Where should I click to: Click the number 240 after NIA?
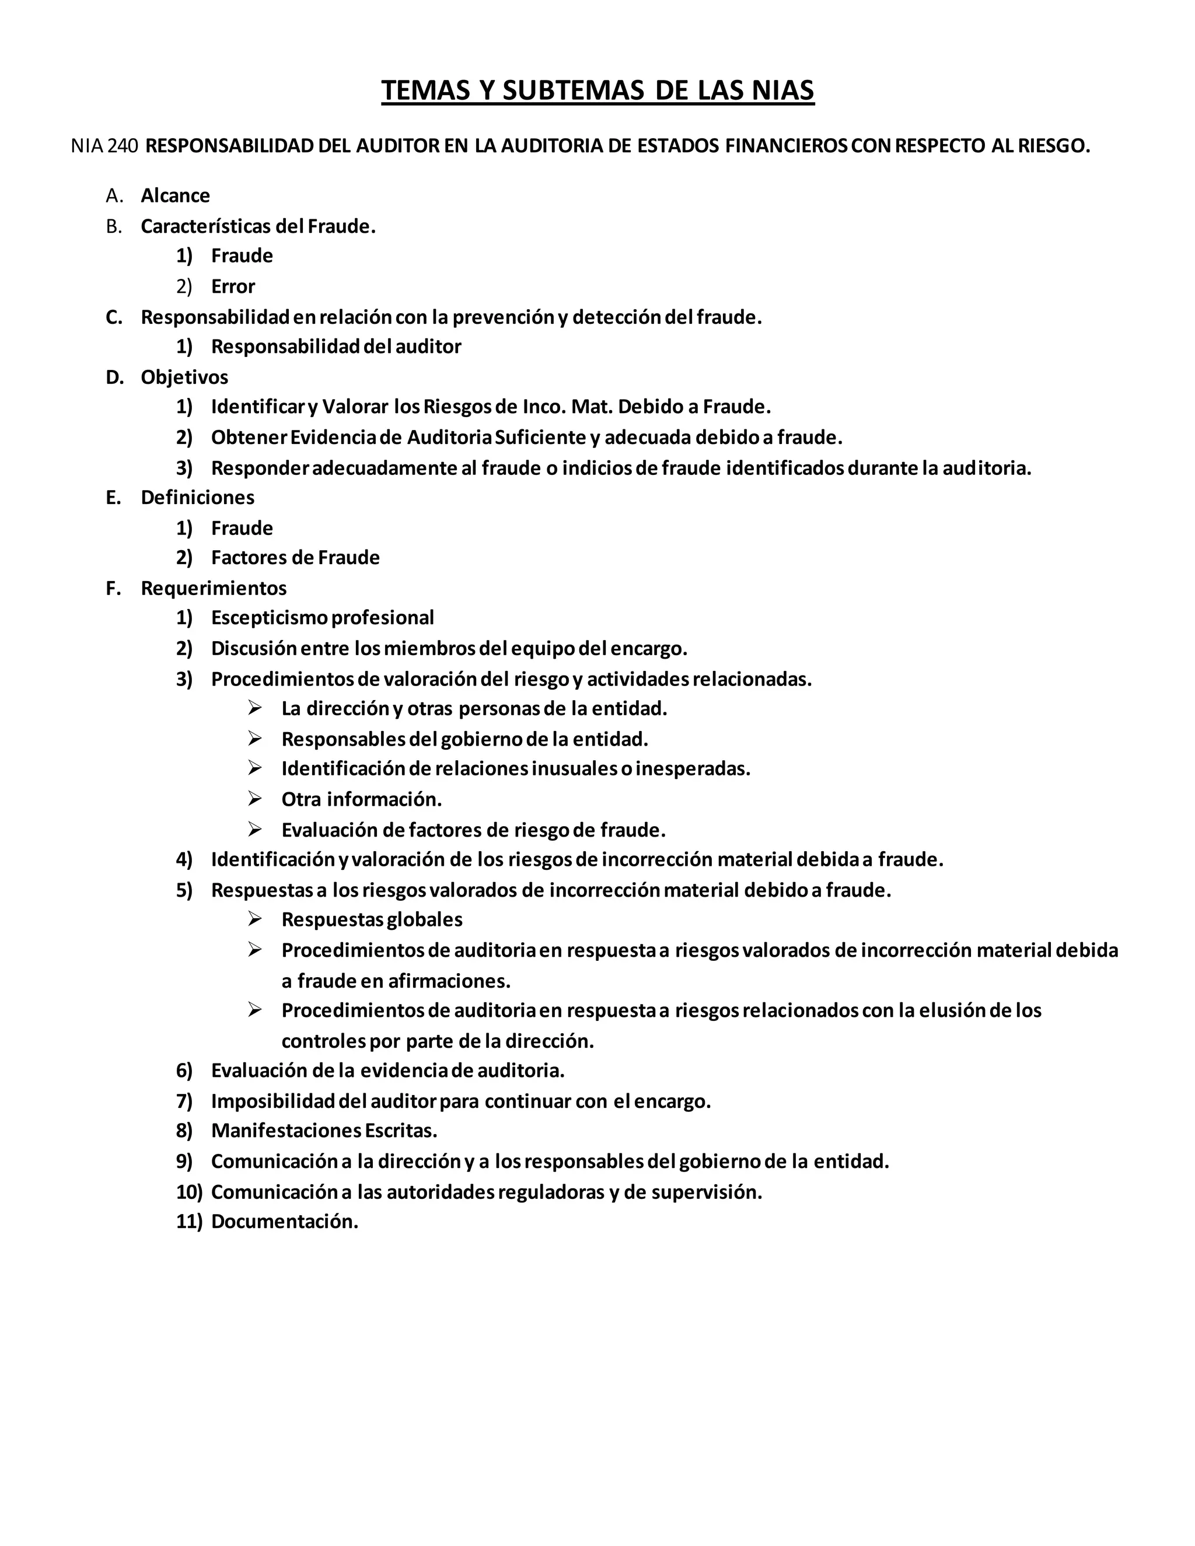(124, 146)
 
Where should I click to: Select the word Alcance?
(175, 195)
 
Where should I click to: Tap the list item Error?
(232, 286)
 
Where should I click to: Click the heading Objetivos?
(184, 377)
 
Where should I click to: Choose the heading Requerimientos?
(213, 587)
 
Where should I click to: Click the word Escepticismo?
(269, 617)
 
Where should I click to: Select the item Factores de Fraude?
(295, 557)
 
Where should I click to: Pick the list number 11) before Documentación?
(189, 1221)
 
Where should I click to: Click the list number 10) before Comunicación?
(189, 1191)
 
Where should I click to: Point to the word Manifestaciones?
(286, 1131)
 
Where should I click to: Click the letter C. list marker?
(114, 317)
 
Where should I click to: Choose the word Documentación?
(285, 1221)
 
